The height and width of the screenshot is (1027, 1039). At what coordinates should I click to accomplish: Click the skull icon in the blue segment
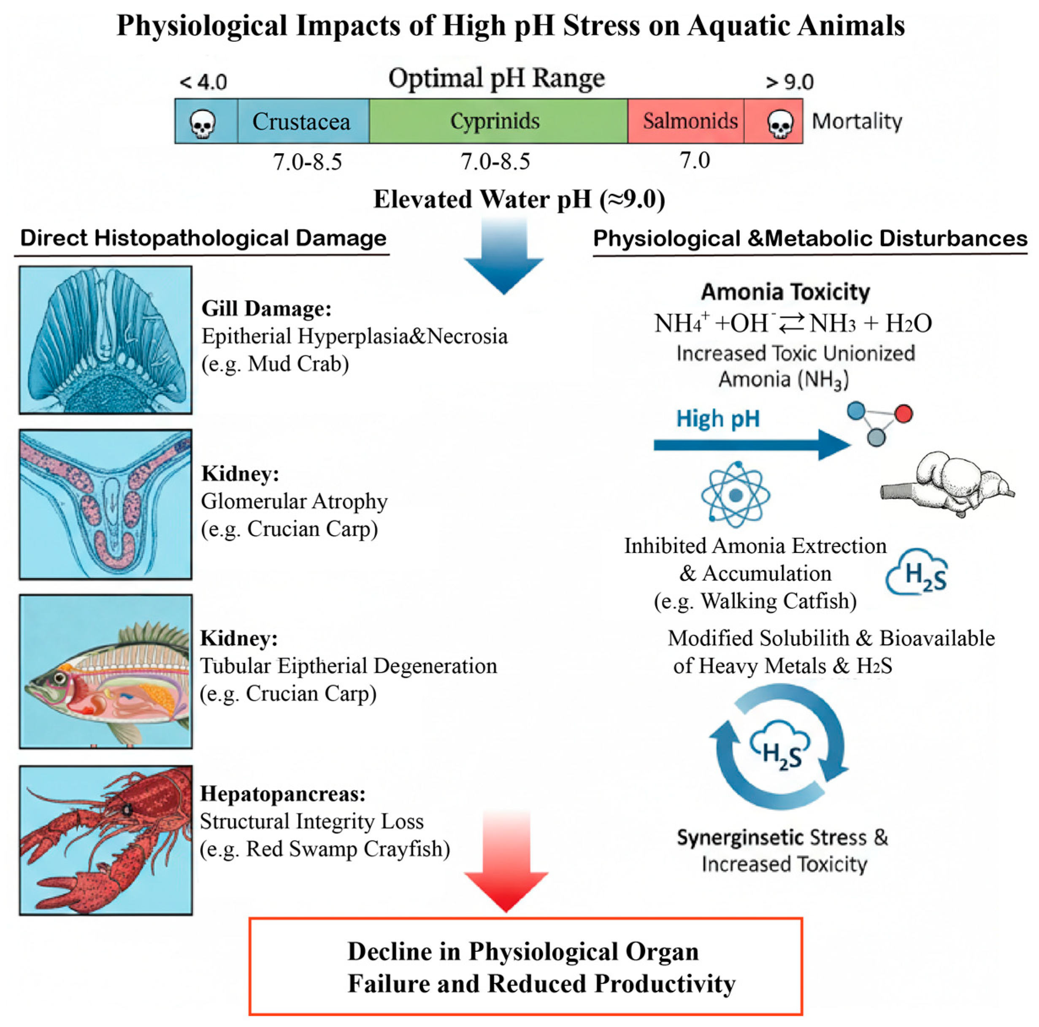coord(203,124)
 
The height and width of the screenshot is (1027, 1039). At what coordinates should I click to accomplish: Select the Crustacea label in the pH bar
coord(301,122)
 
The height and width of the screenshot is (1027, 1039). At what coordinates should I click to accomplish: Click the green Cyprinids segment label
coord(495,121)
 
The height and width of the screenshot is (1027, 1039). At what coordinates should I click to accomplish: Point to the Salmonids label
coord(690,121)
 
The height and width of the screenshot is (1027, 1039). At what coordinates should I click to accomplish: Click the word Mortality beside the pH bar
coord(857,121)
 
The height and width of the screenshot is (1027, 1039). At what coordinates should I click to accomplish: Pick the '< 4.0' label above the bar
coord(203,82)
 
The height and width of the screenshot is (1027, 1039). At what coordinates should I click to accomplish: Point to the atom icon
coord(736,495)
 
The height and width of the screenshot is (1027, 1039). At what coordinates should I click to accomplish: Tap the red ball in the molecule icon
coord(904,414)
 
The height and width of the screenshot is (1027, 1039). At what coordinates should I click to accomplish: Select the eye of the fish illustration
coord(60,678)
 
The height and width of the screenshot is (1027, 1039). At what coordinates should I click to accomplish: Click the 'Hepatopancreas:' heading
coord(283,794)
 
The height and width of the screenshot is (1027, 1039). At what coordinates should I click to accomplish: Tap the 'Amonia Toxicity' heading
coord(785,292)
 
